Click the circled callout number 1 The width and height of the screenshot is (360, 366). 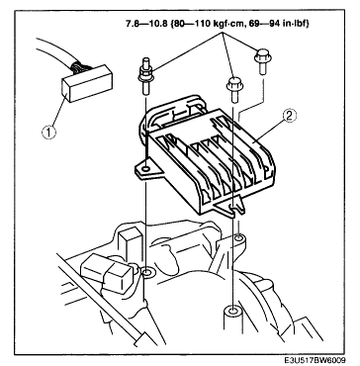[48, 133]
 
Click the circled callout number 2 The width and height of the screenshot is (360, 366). [290, 116]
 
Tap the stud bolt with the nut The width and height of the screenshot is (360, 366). [145, 76]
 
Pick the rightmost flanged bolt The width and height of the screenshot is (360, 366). [263, 61]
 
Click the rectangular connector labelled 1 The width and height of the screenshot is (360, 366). [87, 83]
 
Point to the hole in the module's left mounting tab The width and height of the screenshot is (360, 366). [145, 169]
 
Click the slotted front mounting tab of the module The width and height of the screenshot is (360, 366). [232, 209]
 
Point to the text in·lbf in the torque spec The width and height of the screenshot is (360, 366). [294, 24]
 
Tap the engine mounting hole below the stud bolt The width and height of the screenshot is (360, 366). [146, 273]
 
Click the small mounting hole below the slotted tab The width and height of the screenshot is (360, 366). [238, 237]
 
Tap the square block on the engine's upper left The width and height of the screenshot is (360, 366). [130, 239]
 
